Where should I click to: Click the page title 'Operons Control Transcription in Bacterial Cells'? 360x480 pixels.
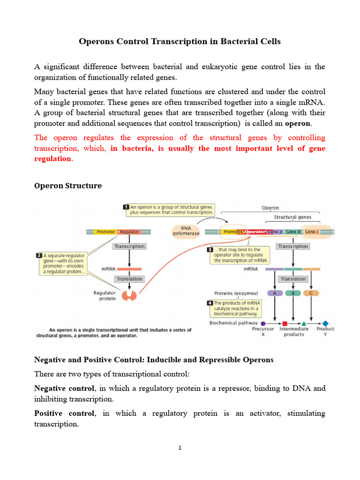tap(180, 41)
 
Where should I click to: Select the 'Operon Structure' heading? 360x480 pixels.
tap(68, 186)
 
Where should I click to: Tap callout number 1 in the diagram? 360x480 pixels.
tap(126, 207)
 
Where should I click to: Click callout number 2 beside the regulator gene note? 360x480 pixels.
tap(39, 255)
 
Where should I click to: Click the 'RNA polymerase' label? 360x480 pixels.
tap(186, 231)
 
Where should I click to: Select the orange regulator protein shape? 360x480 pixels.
tap(129, 296)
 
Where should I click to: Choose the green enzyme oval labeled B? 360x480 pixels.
tap(293, 293)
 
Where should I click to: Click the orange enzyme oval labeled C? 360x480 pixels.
tap(311, 293)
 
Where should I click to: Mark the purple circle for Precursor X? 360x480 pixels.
tap(263, 323)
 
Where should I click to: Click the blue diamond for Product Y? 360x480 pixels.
tap(325, 323)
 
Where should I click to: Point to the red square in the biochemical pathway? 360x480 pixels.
tap(285, 323)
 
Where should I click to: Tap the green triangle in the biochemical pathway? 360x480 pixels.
tap(304, 323)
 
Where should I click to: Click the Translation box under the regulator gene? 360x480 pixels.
tap(129, 279)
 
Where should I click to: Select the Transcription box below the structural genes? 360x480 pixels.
tap(293, 246)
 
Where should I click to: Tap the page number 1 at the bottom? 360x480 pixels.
tap(180, 448)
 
